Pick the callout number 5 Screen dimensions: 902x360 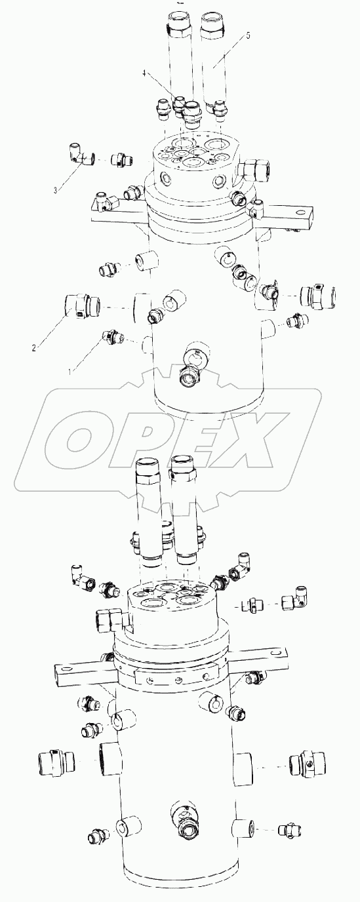click(x=247, y=35)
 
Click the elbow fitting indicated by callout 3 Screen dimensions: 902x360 click(x=81, y=154)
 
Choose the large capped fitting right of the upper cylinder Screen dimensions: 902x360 click(x=319, y=296)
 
